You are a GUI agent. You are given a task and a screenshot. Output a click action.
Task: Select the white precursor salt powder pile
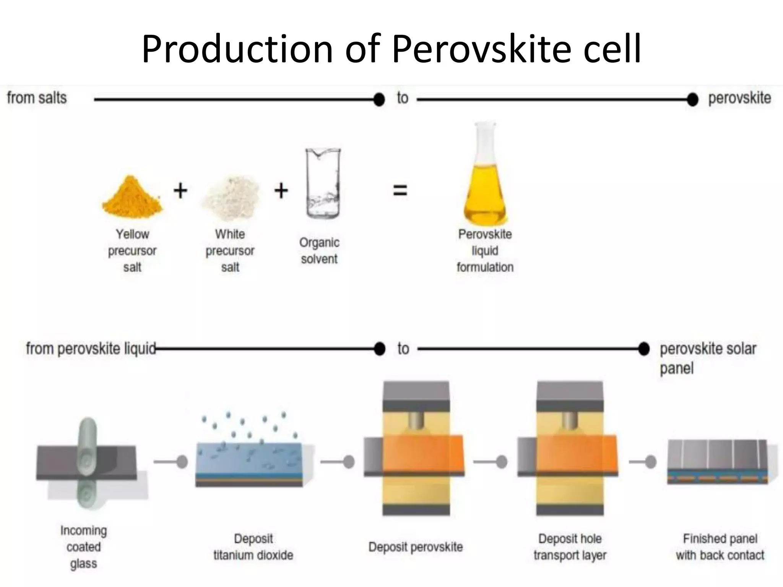point(231,198)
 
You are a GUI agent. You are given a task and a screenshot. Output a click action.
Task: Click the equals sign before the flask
point(400,190)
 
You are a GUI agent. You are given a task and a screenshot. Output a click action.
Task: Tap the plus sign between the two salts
point(180,190)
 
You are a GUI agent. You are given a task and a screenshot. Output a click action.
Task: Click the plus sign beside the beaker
point(281,190)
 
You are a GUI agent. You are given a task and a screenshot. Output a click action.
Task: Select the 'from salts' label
point(37,98)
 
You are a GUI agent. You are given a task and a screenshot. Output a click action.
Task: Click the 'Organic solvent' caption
point(319,251)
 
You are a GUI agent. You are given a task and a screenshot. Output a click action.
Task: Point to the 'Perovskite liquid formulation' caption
point(485,251)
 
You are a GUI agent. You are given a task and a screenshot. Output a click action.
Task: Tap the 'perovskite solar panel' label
point(708,358)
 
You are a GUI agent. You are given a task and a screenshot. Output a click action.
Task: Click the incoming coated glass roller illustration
point(87,463)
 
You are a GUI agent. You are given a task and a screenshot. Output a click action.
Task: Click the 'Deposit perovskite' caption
point(416,547)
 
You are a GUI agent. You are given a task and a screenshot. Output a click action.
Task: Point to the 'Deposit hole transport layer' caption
point(570,547)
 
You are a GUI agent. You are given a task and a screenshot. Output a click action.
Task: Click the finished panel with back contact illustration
point(718,462)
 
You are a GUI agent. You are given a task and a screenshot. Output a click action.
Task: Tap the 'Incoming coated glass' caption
point(84,547)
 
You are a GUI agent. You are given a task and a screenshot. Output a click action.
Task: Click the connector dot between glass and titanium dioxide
point(182,462)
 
